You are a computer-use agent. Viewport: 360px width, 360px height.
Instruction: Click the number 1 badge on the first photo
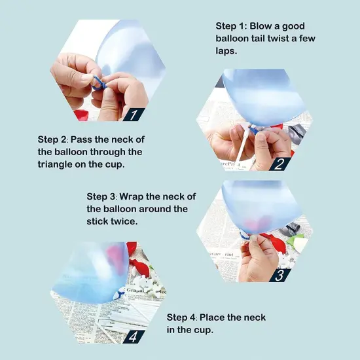134,115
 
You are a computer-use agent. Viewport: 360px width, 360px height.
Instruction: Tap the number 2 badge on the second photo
280,164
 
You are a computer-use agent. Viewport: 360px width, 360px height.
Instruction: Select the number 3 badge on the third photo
279,276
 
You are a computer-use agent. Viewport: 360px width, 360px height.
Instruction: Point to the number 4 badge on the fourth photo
134,337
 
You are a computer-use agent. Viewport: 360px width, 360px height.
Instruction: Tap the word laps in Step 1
226,51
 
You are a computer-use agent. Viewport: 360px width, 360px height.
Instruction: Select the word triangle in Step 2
55,164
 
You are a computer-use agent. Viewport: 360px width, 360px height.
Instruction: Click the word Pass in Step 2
81,139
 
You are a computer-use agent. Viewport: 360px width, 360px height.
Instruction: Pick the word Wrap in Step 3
132,197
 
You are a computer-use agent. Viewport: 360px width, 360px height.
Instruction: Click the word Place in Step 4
212,317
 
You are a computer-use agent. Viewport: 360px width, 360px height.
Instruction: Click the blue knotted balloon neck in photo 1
99,83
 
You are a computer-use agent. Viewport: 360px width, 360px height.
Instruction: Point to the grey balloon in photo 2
297,133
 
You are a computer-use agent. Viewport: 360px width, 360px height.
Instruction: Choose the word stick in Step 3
98,221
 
